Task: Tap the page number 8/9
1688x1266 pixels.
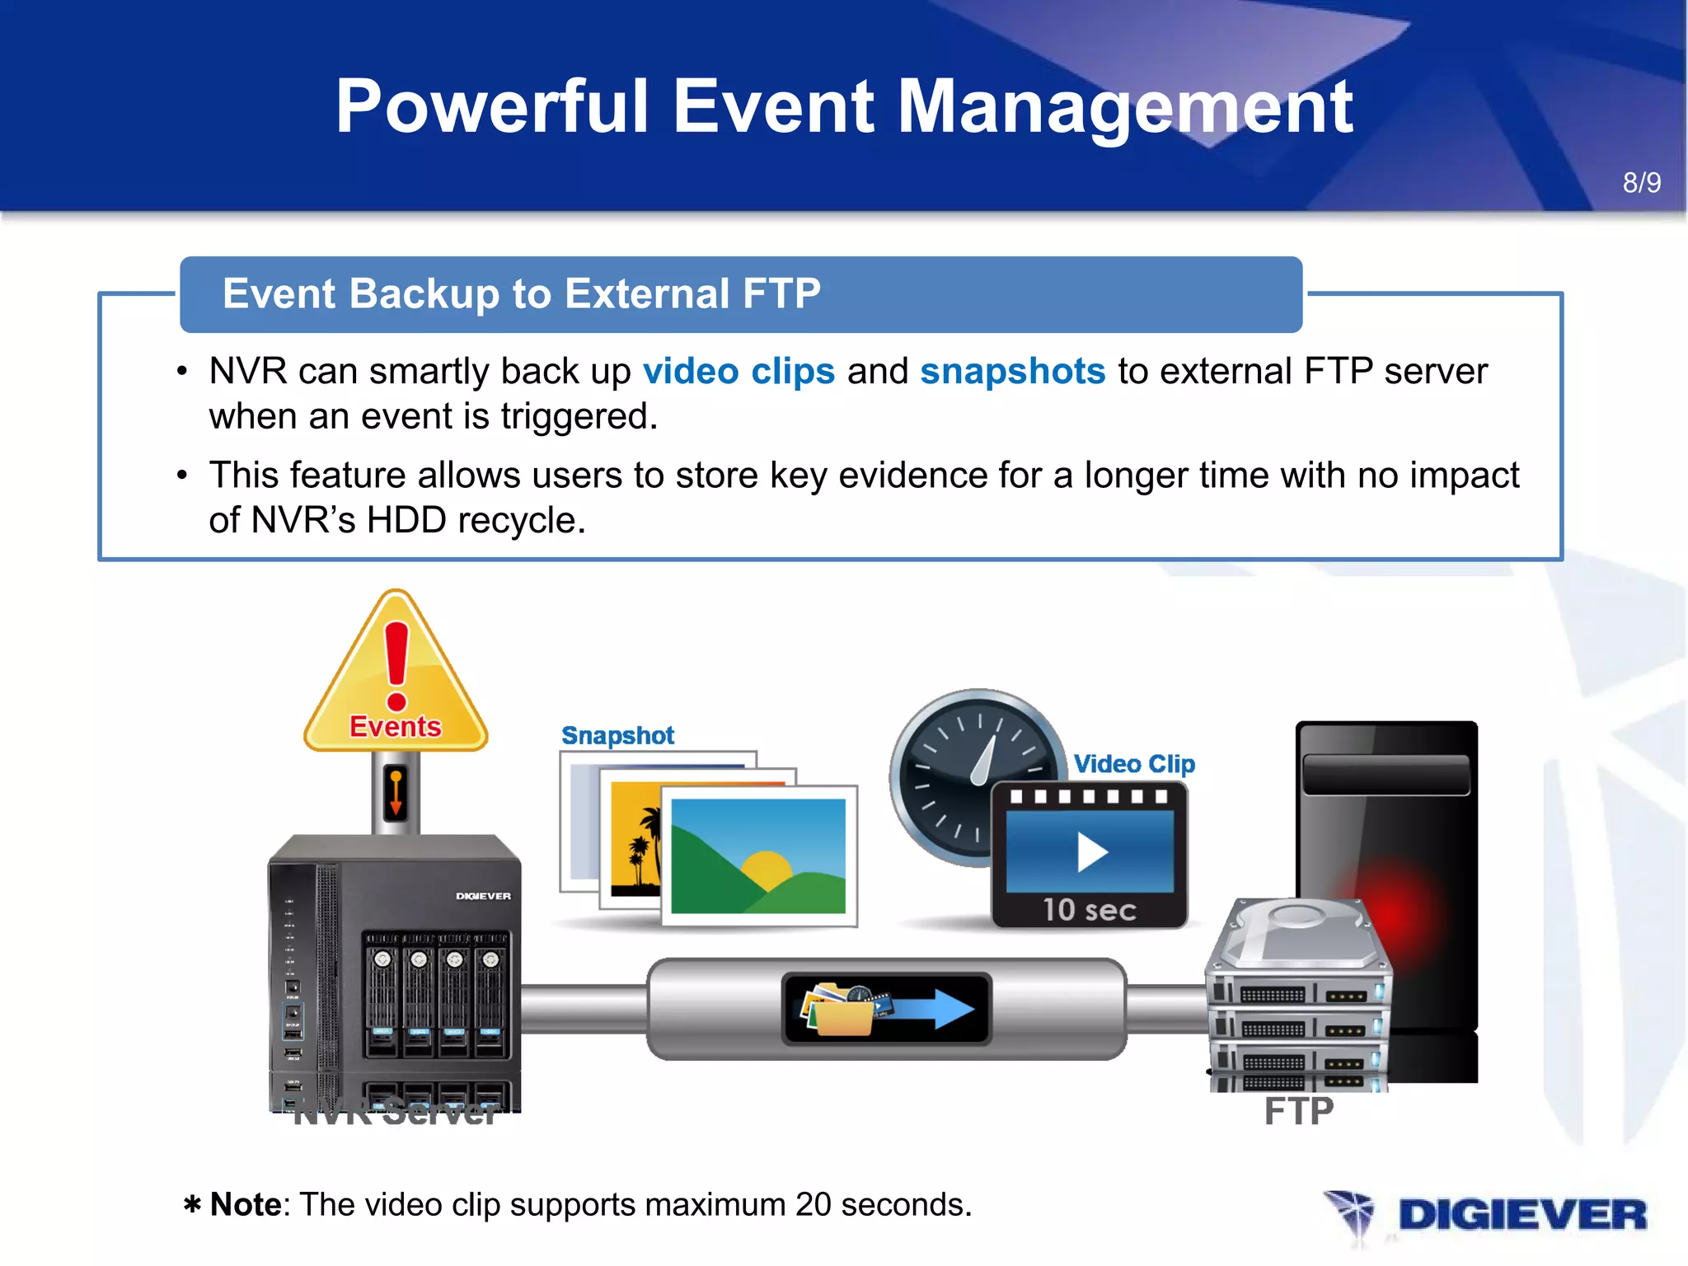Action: (x=1641, y=182)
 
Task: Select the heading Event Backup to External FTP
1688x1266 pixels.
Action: (x=522, y=293)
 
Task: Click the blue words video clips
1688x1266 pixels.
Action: (x=738, y=371)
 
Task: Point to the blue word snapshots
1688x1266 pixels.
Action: (x=1012, y=371)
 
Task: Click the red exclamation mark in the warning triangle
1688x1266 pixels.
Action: (x=396, y=664)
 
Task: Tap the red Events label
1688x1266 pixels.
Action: (x=396, y=726)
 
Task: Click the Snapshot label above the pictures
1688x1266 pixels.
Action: (x=617, y=735)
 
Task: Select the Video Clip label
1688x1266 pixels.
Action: (x=1134, y=764)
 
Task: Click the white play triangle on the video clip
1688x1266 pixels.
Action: (x=1091, y=852)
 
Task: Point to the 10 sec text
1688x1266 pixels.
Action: (x=1090, y=910)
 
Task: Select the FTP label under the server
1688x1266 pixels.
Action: (x=1298, y=1111)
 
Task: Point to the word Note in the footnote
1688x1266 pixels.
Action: (x=246, y=1205)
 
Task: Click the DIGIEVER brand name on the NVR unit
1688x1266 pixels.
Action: (x=483, y=896)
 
